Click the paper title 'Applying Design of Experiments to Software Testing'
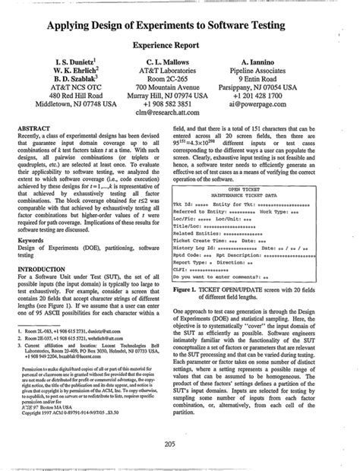click(179, 27)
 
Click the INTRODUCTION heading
click(47, 267)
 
